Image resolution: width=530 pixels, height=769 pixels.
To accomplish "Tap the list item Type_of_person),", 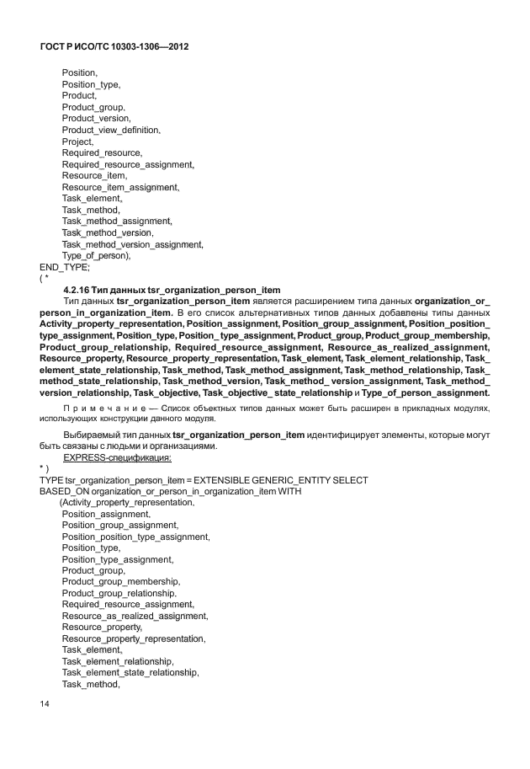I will pos(96,255).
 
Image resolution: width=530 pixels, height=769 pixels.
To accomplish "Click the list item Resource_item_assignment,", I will pos(120,187).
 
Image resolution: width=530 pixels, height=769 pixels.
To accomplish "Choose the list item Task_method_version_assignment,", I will pos(133,244).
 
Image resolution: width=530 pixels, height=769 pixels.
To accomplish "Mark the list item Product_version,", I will pos(96,119).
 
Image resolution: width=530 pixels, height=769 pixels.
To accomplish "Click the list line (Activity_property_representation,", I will pos(126,502).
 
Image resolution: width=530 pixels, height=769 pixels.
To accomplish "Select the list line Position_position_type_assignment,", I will pos(135,537).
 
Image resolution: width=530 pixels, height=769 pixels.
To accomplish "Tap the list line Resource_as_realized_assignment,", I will pos(135,616).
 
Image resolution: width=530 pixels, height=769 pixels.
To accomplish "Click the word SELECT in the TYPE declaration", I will pos(351,479).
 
